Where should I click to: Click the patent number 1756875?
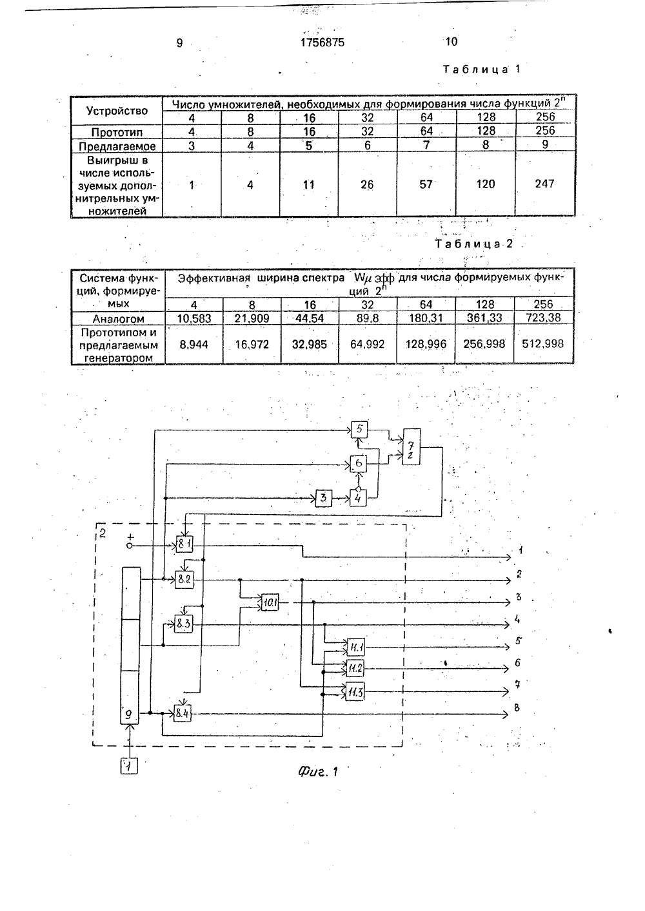tap(322, 43)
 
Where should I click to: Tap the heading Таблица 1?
tap(482, 69)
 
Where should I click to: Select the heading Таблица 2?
tap(474, 244)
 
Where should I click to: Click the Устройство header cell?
tap(117, 111)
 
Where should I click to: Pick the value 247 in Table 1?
tap(545, 184)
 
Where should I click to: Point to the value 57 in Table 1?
tap(426, 184)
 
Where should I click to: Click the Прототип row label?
tap(117, 132)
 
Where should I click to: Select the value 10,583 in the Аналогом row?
tap(194, 318)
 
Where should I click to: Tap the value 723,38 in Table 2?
tap(543, 317)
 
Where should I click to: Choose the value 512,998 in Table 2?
tap(543, 344)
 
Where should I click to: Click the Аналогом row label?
tap(118, 318)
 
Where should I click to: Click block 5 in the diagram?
tap(359, 430)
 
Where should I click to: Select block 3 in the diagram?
tap(324, 498)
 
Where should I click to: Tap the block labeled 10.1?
tap(270, 603)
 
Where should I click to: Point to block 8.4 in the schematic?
tap(182, 714)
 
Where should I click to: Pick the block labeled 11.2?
tap(355, 667)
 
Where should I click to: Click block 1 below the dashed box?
tap(129, 767)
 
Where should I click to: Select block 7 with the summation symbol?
tap(412, 446)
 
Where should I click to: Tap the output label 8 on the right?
tap(517, 707)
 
